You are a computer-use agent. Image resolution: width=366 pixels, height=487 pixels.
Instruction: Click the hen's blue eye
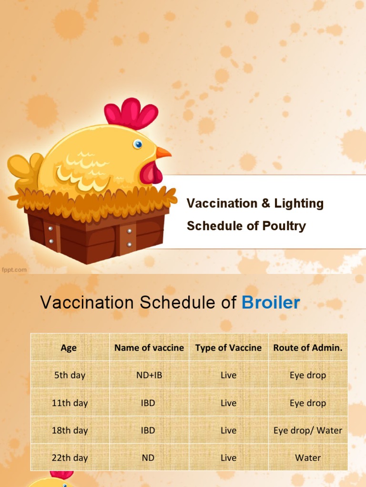tap(138, 144)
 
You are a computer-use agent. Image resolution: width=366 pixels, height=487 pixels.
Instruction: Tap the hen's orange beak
tap(163, 153)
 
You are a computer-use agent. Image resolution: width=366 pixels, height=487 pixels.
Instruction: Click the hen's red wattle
tap(152, 173)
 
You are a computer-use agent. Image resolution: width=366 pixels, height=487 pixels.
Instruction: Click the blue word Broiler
tap(271, 302)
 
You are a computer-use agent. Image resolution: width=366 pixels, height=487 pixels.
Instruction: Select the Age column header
tap(69, 348)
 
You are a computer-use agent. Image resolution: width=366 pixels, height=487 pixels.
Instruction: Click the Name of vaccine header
tap(149, 348)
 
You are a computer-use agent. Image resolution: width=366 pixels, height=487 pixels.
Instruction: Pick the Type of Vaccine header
tap(228, 348)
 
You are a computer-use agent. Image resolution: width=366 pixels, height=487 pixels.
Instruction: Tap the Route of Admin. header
tap(307, 348)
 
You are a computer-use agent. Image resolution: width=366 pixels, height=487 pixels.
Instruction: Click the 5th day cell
tap(70, 375)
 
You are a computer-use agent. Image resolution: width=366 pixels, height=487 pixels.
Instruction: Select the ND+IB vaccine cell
tap(149, 375)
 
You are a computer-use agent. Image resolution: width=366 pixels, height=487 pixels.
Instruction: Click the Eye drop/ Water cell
tap(307, 430)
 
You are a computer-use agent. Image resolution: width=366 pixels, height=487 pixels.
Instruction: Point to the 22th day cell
tap(70, 458)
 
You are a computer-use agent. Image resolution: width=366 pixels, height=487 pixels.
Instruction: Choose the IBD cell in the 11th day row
tap(148, 403)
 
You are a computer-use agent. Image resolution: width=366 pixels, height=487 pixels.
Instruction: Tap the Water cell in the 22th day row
tap(307, 458)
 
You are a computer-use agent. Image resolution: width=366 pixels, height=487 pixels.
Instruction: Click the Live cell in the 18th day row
tap(228, 430)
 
